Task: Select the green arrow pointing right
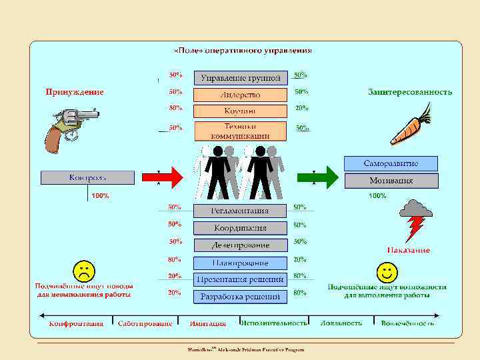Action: (x=327, y=178)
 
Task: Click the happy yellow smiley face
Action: (x=387, y=271)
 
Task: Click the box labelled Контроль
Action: (x=88, y=177)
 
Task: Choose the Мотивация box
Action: (x=391, y=180)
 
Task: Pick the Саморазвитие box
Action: (x=391, y=163)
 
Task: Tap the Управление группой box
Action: (x=241, y=78)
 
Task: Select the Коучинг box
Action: (x=241, y=111)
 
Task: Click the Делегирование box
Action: (x=241, y=245)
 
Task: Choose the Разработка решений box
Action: (x=241, y=296)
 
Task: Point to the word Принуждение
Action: (x=74, y=92)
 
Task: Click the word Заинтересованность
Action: (x=410, y=92)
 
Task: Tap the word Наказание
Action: (x=409, y=251)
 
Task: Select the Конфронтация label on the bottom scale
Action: (x=76, y=324)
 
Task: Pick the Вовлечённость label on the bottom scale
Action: (x=407, y=323)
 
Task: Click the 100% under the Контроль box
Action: (x=100, y=196)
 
